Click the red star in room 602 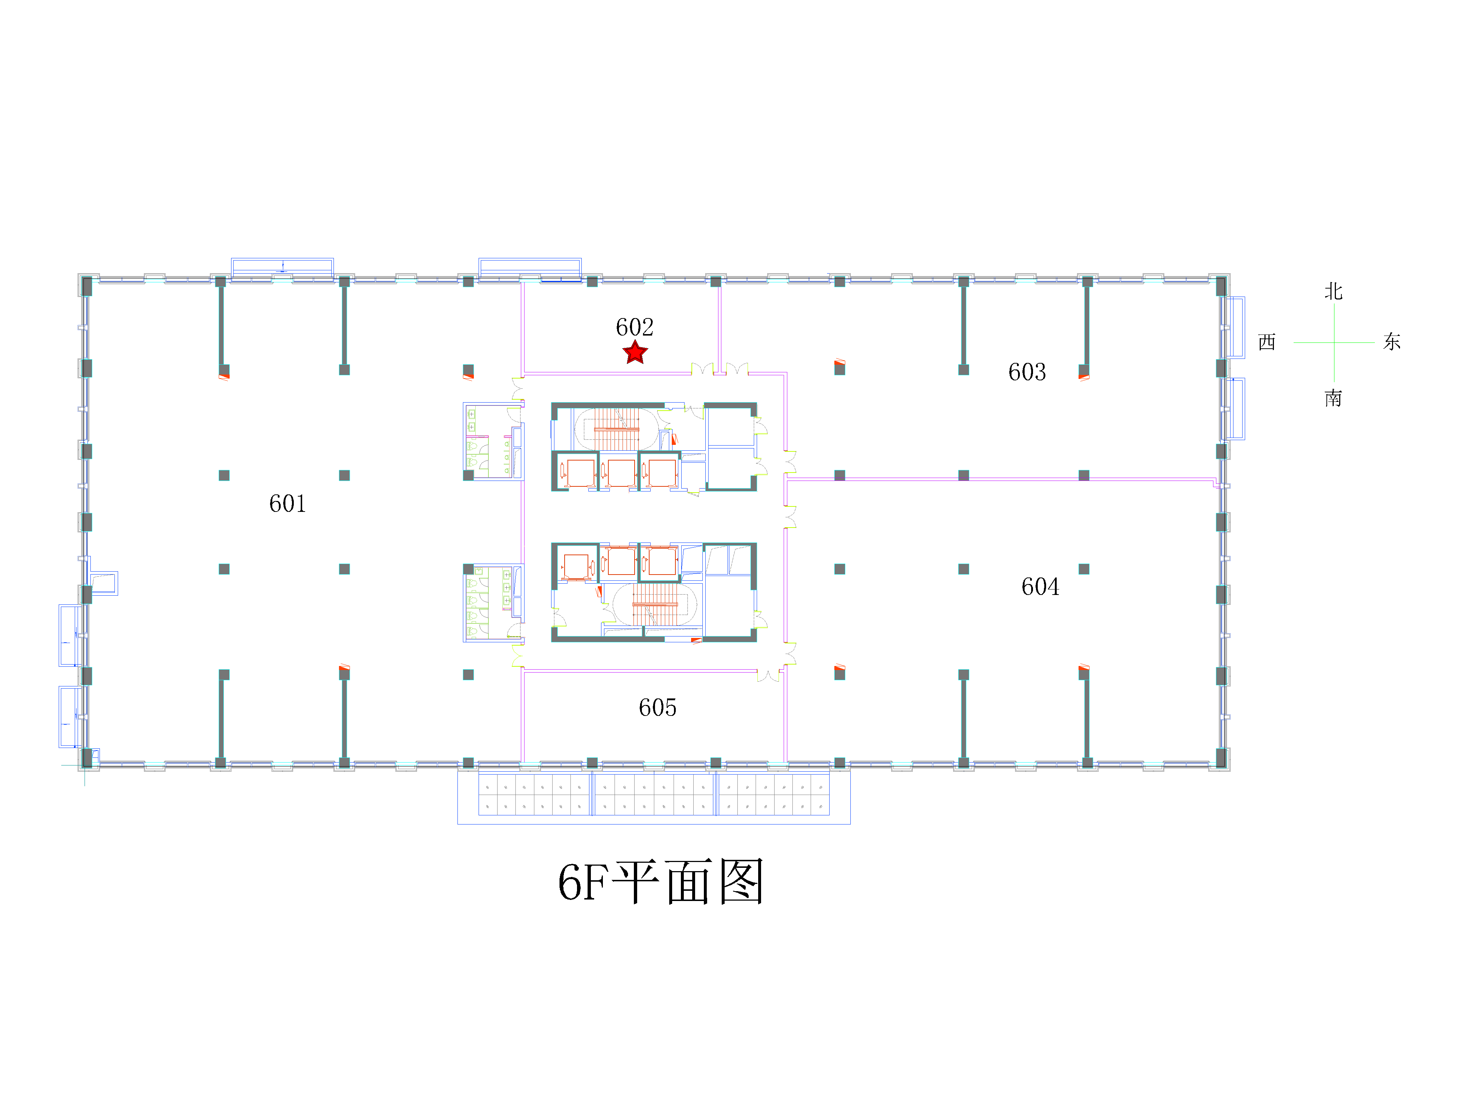tap(635, 352)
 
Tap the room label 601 tap(287, 504)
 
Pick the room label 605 tap(657, 708)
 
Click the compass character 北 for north tap(1333, 291)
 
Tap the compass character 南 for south tap(1333, 398)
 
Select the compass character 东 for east tap(1392, 341)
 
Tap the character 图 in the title tap(741, 882)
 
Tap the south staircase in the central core tap(655, 604)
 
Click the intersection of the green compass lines tap(1334, 342)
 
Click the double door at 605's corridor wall tap(768, 675)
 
